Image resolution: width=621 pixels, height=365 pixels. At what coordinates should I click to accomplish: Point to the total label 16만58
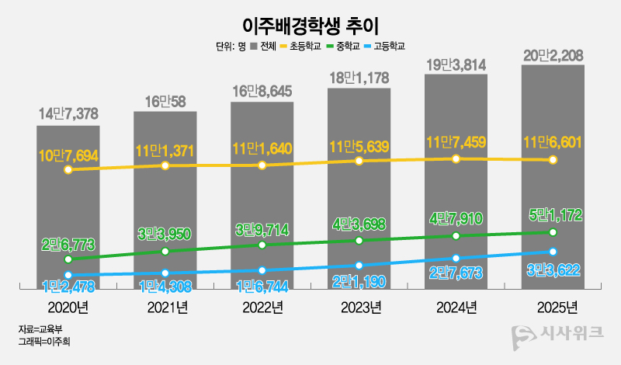tap(165, 101)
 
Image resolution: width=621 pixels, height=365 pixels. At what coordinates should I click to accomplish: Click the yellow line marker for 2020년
tap(68, 169)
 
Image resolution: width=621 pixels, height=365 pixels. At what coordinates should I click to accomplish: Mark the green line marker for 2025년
tap(553, 232)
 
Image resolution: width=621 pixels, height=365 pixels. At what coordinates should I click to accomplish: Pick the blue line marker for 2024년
tap(456, 258)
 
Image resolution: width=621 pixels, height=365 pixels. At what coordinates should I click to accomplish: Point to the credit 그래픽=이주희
tap(40, 341)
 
